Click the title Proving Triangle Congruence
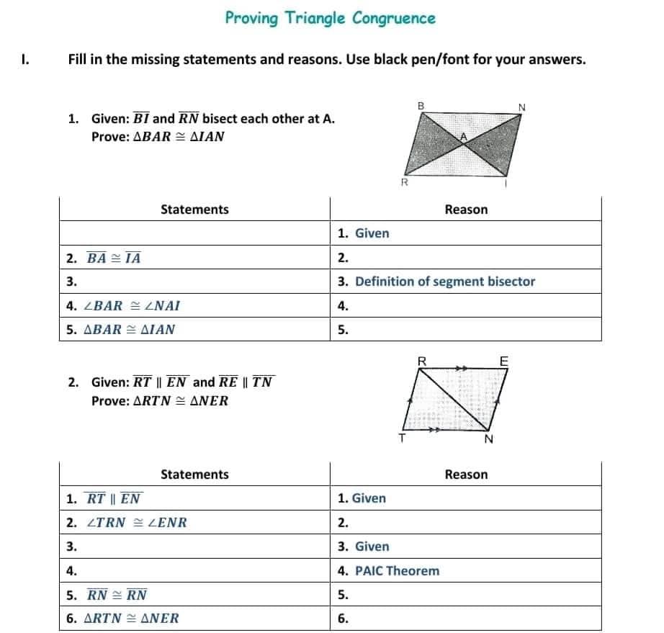[330, 18]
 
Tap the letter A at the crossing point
[465, 135]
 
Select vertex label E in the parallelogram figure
[503, 360]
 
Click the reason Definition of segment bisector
[444, 282]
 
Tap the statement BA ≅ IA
[113, 258]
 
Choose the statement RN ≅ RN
[117, 595]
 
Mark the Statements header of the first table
[194, 210]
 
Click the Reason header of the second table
[466, 475]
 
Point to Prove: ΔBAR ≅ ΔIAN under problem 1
[158, 137]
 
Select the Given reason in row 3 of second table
[372, 547]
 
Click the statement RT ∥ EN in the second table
[113, 498]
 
